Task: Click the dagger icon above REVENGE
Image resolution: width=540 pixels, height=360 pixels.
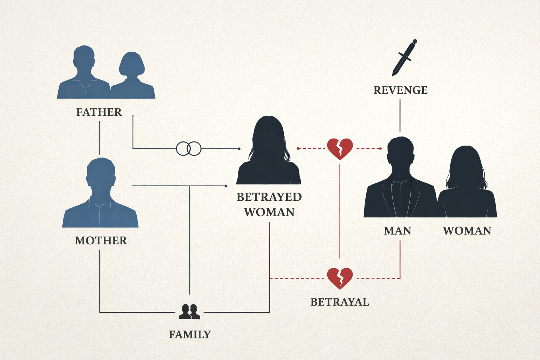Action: (404, 58)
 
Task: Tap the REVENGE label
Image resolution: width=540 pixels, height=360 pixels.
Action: (400, 90)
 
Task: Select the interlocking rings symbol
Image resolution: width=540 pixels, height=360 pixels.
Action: (189, 149)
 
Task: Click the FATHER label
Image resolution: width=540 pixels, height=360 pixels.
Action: (99, 112)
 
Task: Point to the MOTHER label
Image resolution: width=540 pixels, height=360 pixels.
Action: (101, 241)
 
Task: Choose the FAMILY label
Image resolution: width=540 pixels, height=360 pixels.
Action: (190, 335)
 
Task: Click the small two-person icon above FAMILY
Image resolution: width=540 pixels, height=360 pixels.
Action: (189, 312)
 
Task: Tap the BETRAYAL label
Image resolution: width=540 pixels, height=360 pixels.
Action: (340, 302)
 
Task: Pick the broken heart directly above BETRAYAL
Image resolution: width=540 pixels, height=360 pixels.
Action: (340, 278)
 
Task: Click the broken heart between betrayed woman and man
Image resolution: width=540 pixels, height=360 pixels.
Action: (340, 149)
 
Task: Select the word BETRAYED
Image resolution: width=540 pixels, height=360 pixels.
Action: (269, 197)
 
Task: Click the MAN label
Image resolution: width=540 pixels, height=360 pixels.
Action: (398, 231)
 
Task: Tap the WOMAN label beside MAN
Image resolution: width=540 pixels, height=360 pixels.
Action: (467, 231)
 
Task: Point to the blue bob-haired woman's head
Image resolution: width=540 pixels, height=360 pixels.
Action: (131, 65)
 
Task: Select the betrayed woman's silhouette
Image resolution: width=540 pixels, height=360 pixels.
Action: (269, 155)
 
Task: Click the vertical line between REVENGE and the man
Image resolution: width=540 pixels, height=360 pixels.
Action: (400, 115)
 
